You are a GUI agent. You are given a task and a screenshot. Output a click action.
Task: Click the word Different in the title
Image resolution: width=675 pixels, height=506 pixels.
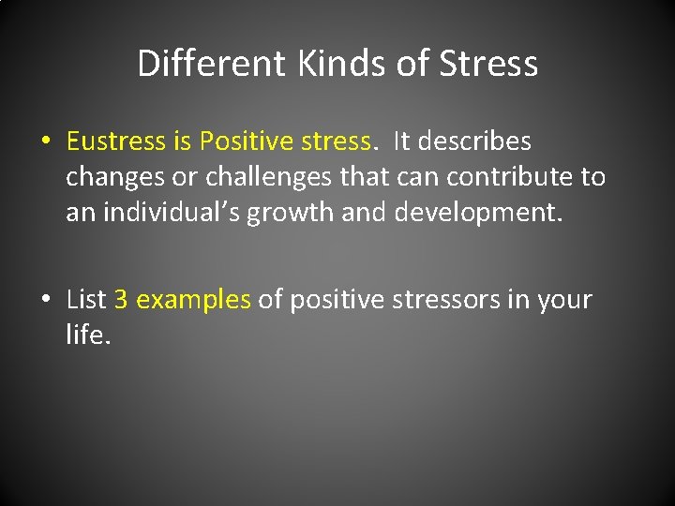tap(211, 65)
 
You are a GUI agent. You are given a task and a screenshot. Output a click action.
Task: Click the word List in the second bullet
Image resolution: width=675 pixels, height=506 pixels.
tap(86, 300)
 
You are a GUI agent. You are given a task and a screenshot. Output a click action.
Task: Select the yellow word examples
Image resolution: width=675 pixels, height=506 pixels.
tap(193, 301)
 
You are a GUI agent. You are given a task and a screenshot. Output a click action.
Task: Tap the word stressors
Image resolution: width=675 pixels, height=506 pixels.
tap(438, 300)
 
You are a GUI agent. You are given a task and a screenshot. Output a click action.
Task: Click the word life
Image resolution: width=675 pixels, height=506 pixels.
tap(89, 335)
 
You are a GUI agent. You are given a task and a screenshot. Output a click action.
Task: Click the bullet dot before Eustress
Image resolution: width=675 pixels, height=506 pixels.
tap(45, 142)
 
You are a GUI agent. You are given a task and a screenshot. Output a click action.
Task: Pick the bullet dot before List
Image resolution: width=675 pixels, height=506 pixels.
tap(45, 301)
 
